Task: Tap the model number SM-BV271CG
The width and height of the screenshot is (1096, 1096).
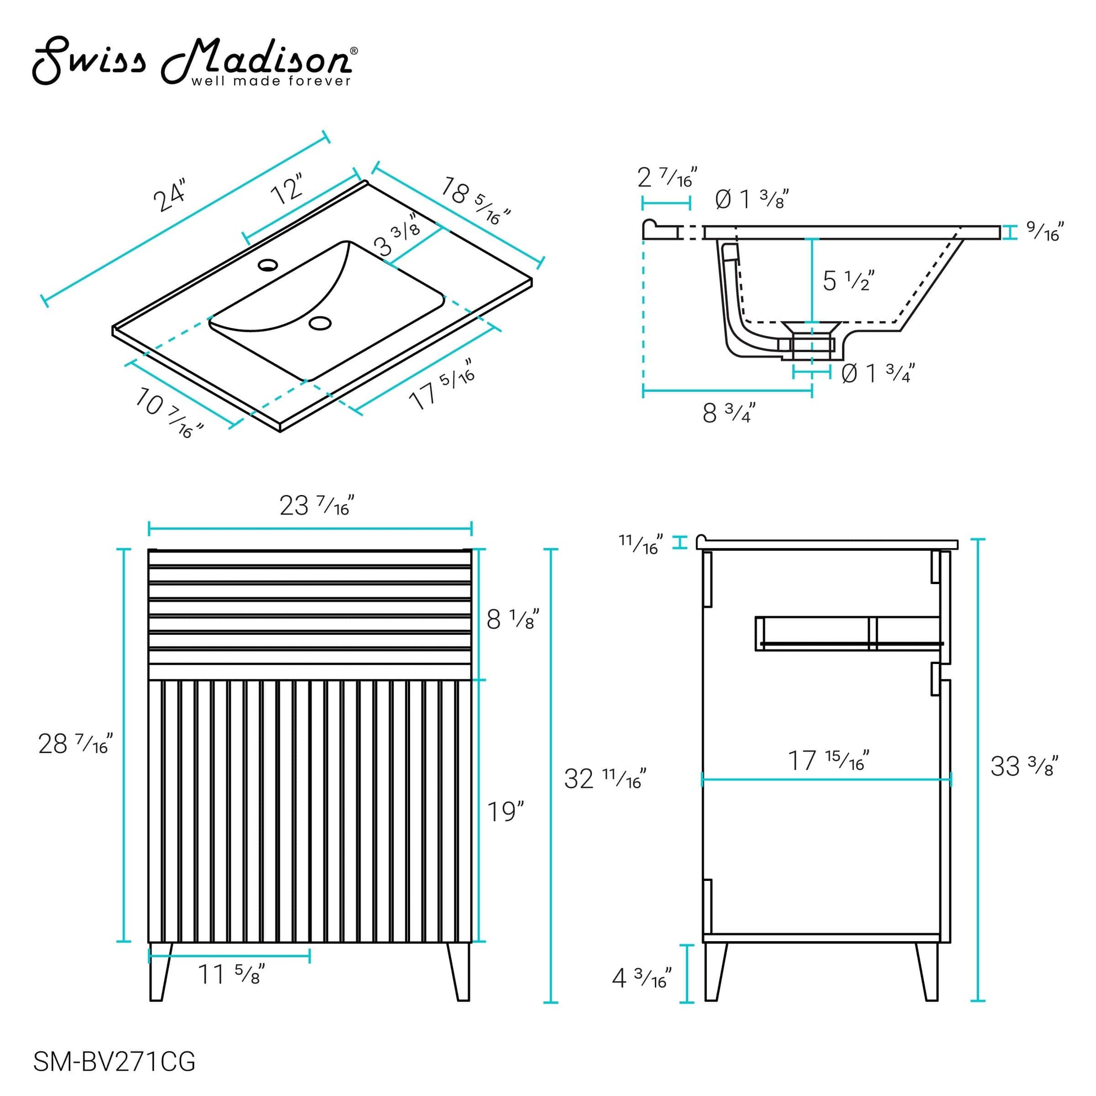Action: click(x=114, y=1062)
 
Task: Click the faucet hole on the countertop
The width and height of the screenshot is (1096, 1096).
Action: click(x=268, y=264)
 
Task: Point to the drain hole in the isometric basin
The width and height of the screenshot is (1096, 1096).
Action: click(x=320, y=323)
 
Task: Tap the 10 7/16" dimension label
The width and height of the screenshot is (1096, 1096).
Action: click(x=169, y=412)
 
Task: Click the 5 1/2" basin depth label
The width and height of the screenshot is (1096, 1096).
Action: click(x=849, y=280)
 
